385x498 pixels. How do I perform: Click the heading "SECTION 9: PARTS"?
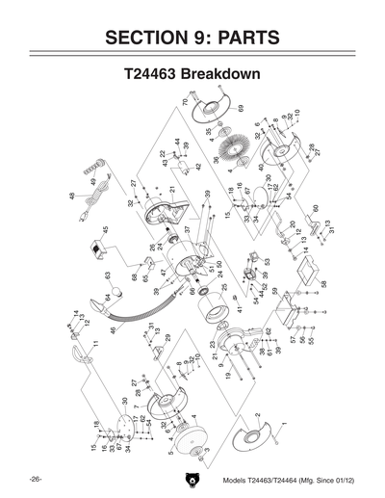192,38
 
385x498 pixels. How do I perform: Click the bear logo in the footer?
192,479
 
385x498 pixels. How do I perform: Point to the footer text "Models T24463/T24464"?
260,479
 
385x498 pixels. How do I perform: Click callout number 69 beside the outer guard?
242,108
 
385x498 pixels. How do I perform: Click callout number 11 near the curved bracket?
95,343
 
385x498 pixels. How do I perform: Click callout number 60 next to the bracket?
315,208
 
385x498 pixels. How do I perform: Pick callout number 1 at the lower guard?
285,424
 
